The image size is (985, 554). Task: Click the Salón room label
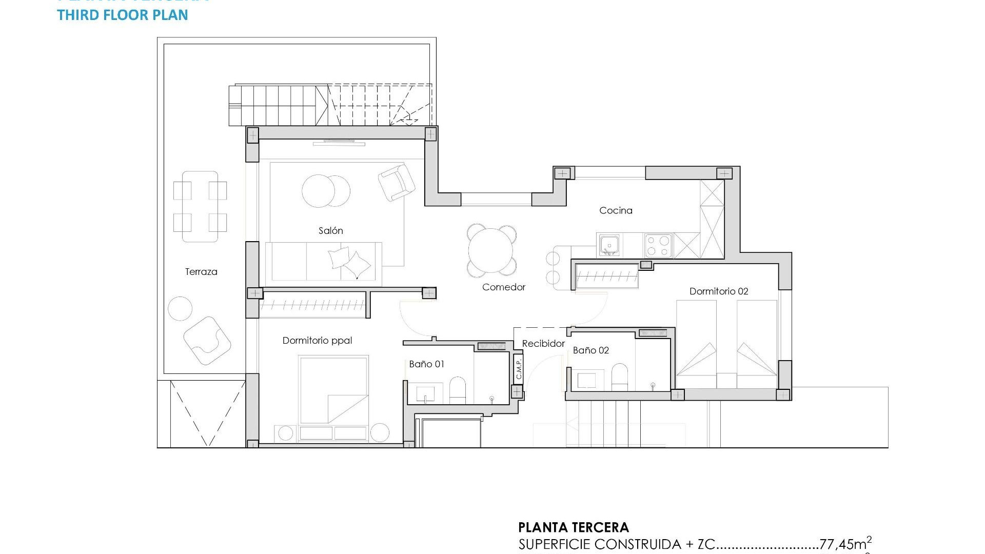(x=330, y=231)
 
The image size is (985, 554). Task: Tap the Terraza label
(x=201, y=272)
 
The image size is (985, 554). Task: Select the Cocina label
(x=616, y=210)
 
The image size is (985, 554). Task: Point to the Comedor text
(x=503, y=287)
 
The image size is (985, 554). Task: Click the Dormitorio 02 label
(x=718, y=291)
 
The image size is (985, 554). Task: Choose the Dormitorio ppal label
(x=317, y=341)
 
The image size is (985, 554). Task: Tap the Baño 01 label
(x=426, y=364)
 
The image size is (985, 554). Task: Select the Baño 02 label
(x=590, y=350)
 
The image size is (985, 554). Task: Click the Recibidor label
(x=543, y=344)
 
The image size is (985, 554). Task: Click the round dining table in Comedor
(x=491, y=250)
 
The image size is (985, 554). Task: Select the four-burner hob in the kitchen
(x=658, y=245)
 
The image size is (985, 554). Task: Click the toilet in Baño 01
(x=457, y=391)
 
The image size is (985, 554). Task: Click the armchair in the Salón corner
(x=396, y=182)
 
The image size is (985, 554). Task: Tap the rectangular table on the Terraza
(x=200, y=206)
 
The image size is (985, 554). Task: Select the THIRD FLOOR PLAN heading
(x=123, y=15)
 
